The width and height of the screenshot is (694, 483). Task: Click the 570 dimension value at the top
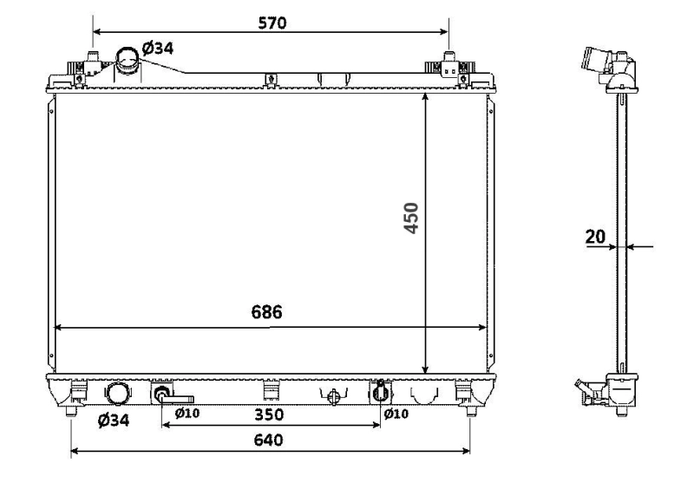272,23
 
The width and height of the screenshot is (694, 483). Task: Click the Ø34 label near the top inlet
158,48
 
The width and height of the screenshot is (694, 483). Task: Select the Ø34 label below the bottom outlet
115,421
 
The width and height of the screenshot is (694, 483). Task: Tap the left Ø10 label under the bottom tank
187,414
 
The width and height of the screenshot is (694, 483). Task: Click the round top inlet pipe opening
128,60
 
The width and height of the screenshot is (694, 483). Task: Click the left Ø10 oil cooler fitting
162,395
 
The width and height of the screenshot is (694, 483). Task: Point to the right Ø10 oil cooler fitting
379,393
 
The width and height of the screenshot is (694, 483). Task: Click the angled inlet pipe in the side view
599,63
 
